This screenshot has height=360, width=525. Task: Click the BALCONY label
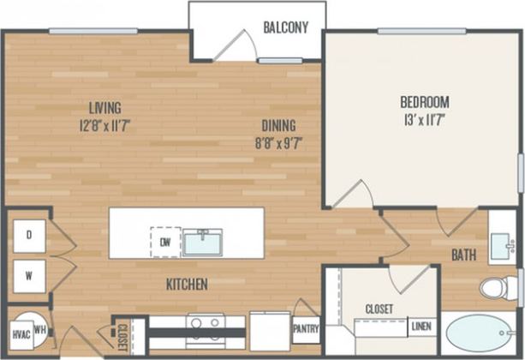tap(284, 27)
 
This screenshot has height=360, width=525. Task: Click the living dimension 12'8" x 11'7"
tap(105, 124)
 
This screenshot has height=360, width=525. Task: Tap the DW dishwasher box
tap(164, 241)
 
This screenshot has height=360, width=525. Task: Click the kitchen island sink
tap(202, 242)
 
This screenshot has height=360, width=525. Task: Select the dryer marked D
tap(29, 234)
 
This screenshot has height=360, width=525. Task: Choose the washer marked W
tap(29, 275)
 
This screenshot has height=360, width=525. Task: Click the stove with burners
tap(206, 327)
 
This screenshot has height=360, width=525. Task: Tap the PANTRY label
tap(306, 327)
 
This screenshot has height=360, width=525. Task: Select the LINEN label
tap(421, 326)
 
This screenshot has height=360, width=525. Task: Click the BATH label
tap(463, 255)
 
